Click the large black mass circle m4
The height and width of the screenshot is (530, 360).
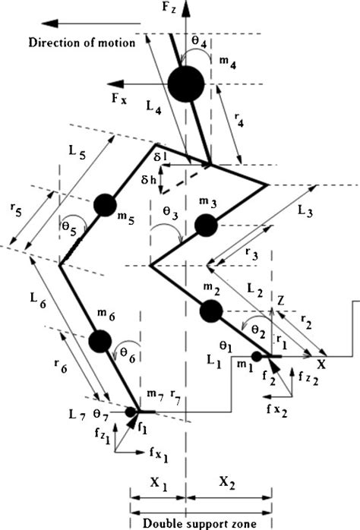pyautogui.click(x=186, y=84)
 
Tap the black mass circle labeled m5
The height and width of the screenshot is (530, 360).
pyautogui.click(x=105, y=204)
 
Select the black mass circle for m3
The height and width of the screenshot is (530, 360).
pyautogui.click(x=206, y=226)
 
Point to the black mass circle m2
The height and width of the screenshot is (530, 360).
pyautogui.click(x=211, y=311)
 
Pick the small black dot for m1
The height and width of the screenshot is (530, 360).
pyautogui.click(x=257, y=355)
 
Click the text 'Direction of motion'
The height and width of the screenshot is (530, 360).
pyautogui.click(x=81, y=43)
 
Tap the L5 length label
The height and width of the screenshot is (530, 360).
pyautogui.click(x=77, y=152)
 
